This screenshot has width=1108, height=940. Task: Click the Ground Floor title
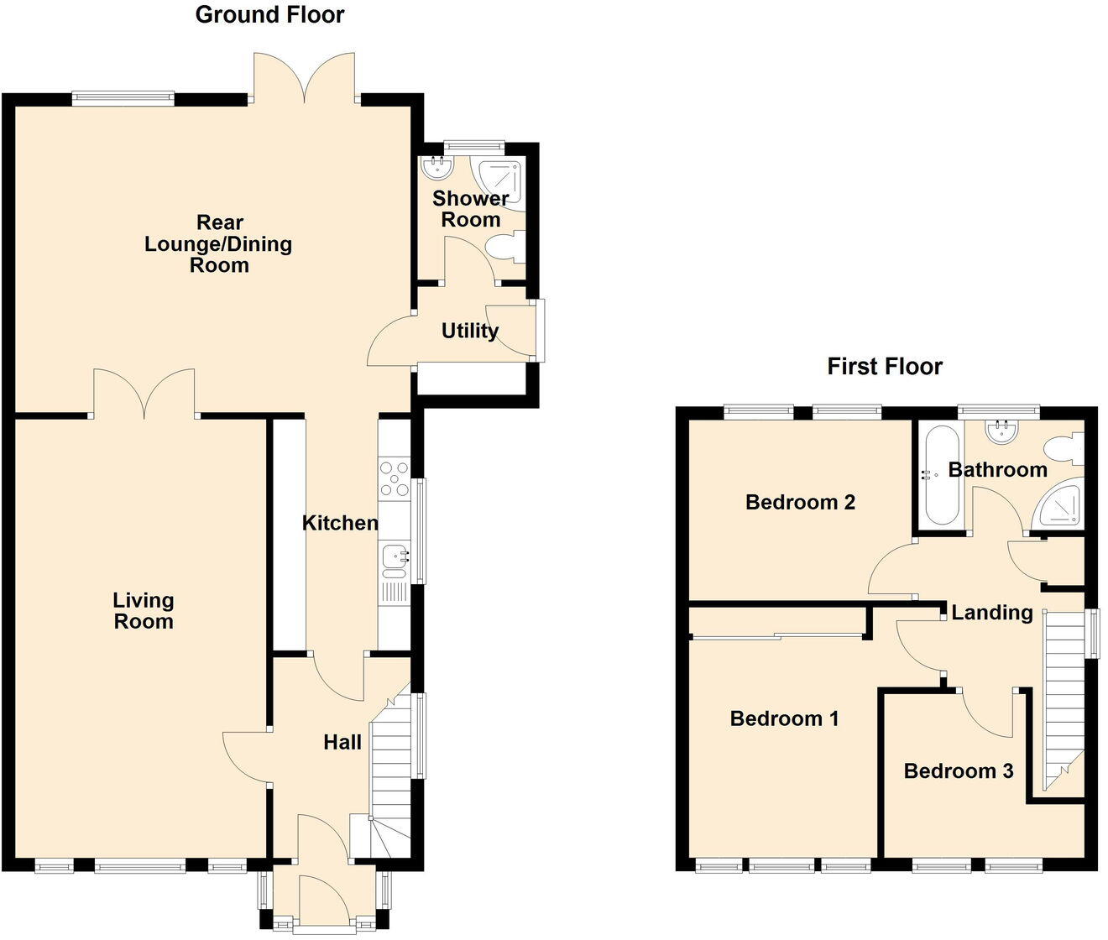click(269, 14)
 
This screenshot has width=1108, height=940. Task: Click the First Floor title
click(885, 366)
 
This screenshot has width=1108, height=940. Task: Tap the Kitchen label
click(340, 523)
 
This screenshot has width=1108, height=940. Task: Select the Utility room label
click(470, 331)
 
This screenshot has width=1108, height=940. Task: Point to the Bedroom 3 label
click(959, 770)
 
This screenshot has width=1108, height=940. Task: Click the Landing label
click(991, 613)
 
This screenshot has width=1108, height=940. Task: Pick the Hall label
click(342, 742)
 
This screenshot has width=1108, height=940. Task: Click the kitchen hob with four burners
click(395, 478)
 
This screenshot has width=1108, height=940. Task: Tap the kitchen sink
click(395, 556)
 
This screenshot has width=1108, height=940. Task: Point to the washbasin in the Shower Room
click(436, 169)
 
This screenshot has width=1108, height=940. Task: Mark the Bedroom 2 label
click(800, 502)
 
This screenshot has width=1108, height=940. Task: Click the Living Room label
click(144, 611)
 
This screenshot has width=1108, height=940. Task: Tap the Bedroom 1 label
click(784, 718)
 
